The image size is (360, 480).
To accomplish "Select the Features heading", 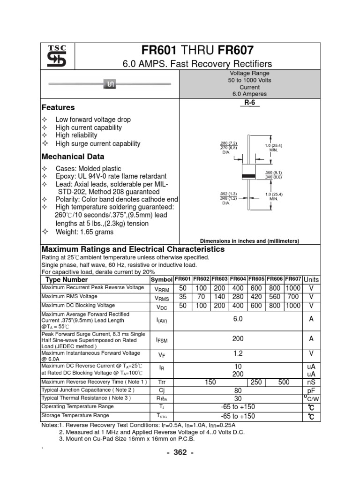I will [59, 107].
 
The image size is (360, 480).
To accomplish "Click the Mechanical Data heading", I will [73, 157].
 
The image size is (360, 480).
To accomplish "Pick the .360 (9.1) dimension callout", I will [273, 172].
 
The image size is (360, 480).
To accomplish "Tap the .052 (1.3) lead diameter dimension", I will [229, 193].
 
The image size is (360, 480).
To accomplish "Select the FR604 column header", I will [238, 279].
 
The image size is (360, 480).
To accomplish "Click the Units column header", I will [311, 279].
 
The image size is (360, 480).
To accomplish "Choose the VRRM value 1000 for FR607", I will [293, 288].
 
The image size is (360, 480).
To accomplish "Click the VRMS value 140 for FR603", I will [220, 297].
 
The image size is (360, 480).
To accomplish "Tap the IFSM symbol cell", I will [161, 339].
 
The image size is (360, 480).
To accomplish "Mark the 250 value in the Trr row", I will [256, 382].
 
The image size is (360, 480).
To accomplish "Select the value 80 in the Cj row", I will [238, 390].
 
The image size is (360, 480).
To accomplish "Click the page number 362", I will [180, 452].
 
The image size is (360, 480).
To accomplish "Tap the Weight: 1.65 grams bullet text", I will [84, 232].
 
